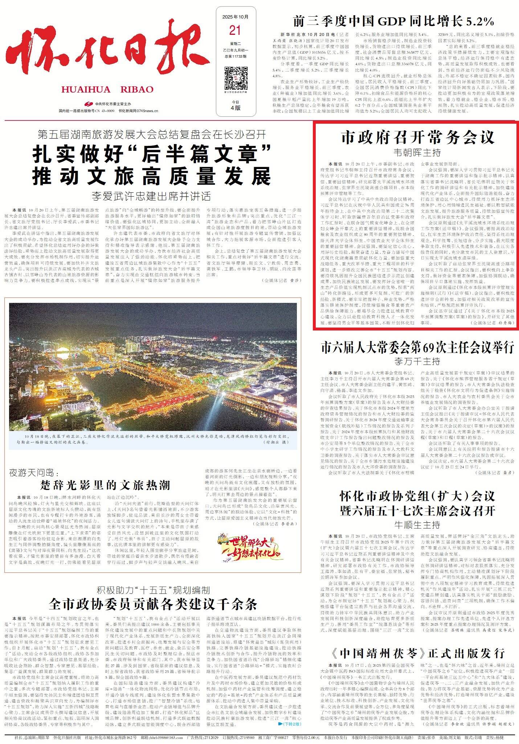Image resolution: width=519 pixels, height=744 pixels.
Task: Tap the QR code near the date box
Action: tap(236, 78)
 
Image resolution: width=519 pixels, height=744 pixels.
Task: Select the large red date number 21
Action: tap(236, 31)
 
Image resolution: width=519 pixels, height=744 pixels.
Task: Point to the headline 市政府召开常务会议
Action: tap(417, 137)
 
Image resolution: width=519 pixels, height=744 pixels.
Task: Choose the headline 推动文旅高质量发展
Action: tap(152, 177)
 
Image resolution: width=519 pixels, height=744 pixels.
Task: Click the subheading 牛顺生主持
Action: tap(417, 525)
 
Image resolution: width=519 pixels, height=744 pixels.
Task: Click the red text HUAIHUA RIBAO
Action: tap(107, 89)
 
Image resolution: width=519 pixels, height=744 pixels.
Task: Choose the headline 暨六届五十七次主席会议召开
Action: tap(417, 511)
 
